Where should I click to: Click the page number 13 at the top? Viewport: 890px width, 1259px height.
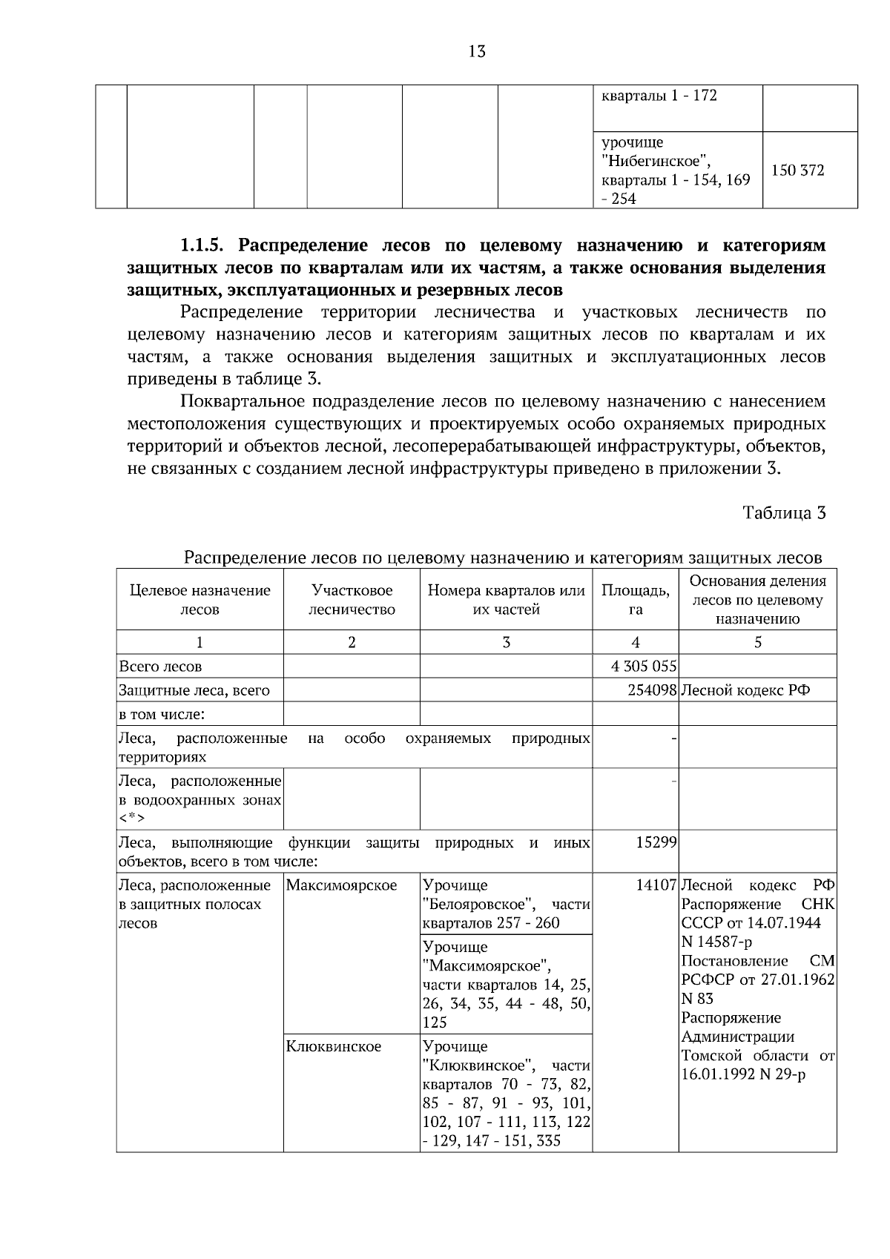[x=477, y=51]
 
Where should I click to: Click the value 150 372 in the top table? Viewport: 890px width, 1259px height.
[x=797, y=171]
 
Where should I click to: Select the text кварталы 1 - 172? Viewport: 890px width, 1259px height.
[x=659, y=96]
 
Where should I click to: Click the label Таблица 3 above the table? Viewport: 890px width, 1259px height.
[x=784, y=513]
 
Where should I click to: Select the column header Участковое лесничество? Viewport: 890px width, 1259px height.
[x=352, y=600]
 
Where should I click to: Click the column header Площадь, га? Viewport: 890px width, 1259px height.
[x=635, y=600]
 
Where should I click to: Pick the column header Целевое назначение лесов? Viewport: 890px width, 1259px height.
[x=200, y=600]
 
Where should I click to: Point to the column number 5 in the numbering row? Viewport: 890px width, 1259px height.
[x=757, y=642]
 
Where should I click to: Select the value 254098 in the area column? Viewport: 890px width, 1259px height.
[x=652, y=690]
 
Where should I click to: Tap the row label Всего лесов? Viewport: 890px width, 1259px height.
[x=160, y=667]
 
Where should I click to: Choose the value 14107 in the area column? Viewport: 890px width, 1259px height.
[x=656, y=885]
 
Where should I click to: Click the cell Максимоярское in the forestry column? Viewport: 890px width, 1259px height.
[x=341, y=885]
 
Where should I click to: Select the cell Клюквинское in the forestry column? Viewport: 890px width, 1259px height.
[x=333, y=1046]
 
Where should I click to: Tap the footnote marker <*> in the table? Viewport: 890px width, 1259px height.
[x=131, y=819]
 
